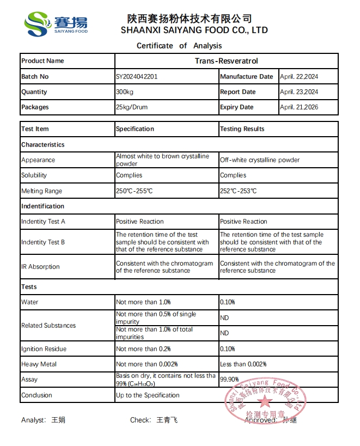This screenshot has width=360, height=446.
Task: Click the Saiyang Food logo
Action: click(56, 24)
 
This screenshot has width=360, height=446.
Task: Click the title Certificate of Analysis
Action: click(179, 46)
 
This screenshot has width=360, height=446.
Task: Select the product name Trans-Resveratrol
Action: click(226, 61)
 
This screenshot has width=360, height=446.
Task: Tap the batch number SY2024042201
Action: click(137, 77)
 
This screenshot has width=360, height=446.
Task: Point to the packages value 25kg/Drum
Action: click(132, 107)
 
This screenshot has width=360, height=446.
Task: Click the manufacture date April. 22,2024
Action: click(299, 77)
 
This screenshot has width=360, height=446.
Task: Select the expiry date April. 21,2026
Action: click(299, 107)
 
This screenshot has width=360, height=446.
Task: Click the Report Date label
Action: click(237, 92)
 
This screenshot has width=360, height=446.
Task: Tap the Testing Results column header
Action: click(242, 129)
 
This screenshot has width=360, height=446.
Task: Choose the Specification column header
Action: click(135, 129)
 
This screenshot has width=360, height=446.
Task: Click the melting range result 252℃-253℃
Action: click(239, 191)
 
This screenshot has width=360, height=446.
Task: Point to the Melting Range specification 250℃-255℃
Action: click(135, 191)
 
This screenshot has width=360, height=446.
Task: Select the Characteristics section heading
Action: click(42, 145)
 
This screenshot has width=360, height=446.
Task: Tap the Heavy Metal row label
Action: click(39, 364)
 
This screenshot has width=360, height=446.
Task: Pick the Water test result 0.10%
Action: click(228, 302)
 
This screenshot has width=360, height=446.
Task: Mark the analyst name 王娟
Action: click(58, 420)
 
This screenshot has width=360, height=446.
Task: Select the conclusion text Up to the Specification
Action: click(148, 395)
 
